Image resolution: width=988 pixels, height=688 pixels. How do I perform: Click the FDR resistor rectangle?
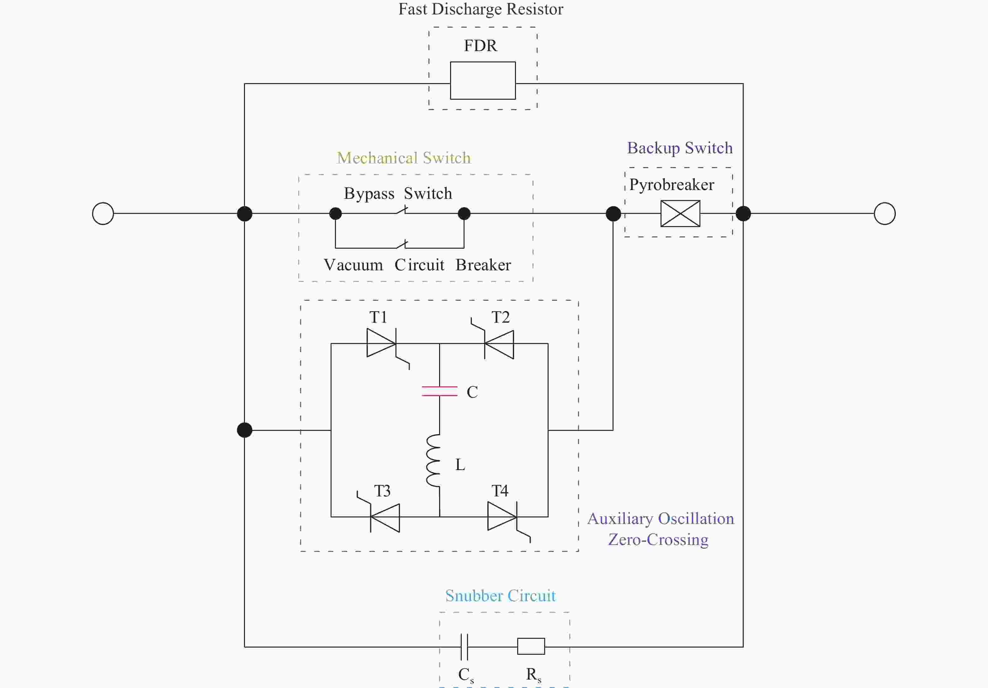483,81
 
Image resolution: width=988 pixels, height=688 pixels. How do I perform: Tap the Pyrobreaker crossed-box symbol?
680,214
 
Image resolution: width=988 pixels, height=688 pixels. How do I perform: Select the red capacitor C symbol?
439,391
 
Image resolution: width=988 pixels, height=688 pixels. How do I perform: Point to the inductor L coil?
433,460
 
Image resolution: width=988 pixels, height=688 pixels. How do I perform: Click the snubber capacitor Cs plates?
464,646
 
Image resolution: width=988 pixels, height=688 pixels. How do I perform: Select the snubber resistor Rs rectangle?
531,646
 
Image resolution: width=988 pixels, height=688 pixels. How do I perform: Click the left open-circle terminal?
103,214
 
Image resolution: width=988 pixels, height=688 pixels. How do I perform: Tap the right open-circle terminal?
885,214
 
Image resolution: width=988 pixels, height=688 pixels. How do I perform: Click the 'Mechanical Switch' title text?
404,158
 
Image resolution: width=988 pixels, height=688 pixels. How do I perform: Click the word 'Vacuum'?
353,265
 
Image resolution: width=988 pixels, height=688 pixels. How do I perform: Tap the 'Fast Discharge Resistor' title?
481,9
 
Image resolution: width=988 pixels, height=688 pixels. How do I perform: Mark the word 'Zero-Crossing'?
658,540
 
